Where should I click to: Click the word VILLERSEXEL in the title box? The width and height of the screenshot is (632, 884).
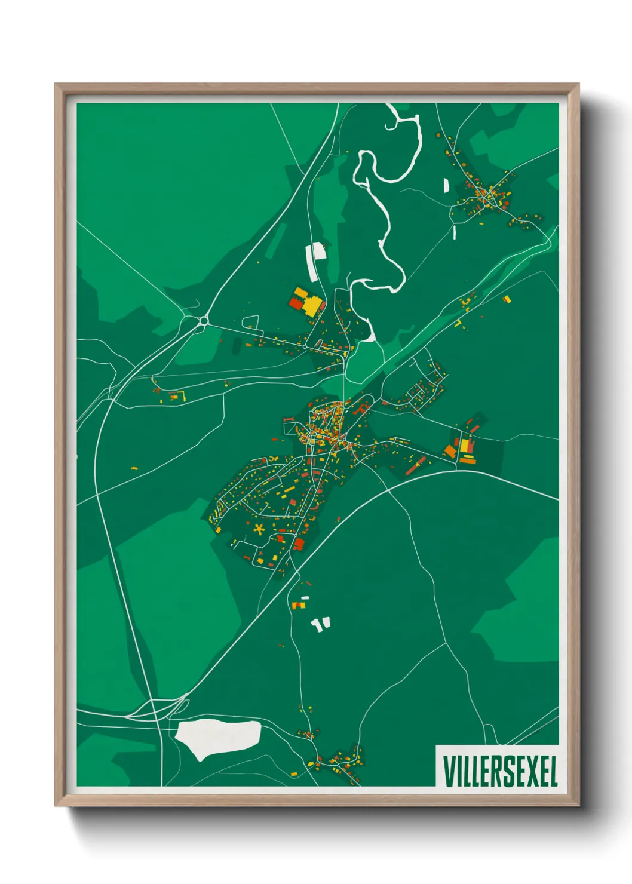click(x=499, y=771)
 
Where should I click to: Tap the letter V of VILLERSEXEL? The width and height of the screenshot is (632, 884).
click(x=448, y=771)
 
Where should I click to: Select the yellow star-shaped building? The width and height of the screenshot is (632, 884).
click(x=259, y=528)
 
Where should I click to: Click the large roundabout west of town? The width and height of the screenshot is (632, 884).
click(x=204, y=321)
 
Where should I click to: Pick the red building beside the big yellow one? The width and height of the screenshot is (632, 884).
click(x=296, y=303)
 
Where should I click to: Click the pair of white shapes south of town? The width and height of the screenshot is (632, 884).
click(x=320, y=625)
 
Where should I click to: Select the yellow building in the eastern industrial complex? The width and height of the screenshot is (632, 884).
click(x=464, y=446)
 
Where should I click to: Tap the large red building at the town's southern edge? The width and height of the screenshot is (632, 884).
click(x=299, y=544)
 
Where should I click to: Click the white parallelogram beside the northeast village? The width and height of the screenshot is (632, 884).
click(x=445, y=185)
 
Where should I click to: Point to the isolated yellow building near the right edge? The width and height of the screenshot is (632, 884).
click(x=507, y=299)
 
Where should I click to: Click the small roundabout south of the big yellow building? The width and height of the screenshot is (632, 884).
click(x=305, y=346)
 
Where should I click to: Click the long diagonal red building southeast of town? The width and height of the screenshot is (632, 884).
click(x=416, y=466)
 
